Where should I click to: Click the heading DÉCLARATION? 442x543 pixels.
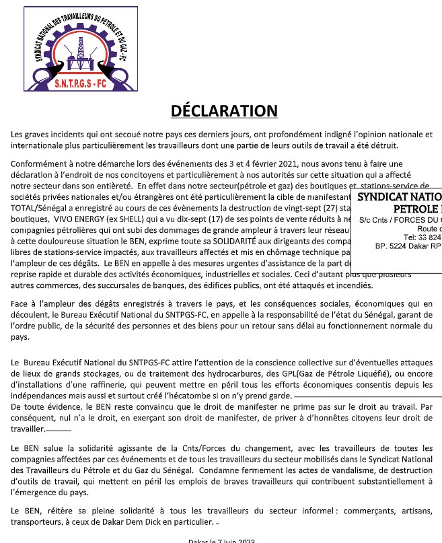(x=223, y=111)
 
